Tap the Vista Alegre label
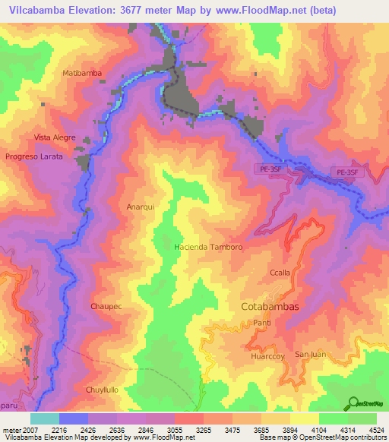55,137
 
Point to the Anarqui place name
140,207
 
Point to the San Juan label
312,355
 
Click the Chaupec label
106,306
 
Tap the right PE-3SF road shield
346,173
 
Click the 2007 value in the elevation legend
28,430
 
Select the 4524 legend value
376,430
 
